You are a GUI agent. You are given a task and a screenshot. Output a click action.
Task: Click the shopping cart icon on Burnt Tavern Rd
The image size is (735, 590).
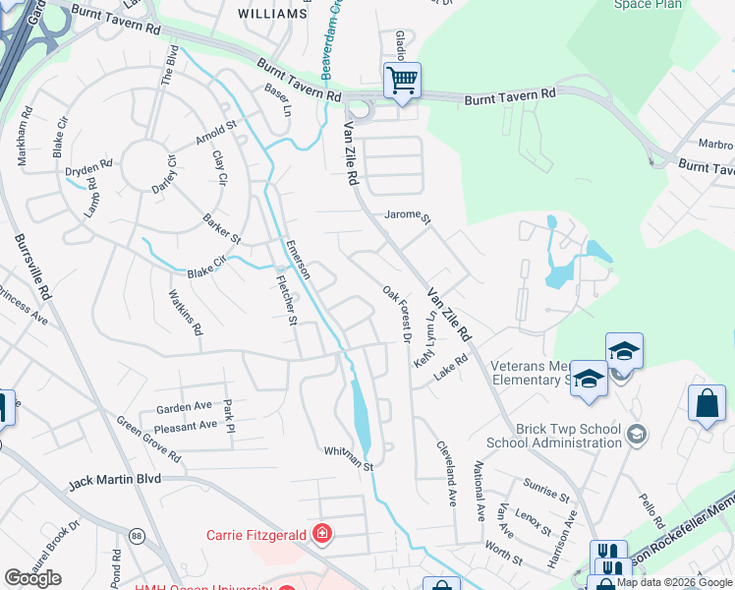click(401, 79)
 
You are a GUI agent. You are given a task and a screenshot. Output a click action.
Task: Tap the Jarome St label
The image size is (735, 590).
click(408, 214)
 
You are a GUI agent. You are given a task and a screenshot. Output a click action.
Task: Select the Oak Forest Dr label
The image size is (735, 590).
click(396, 315)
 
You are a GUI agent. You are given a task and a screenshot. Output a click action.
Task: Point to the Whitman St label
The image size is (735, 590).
click(350, 457)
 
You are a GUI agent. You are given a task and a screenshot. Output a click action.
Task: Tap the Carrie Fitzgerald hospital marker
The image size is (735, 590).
click(321, 535)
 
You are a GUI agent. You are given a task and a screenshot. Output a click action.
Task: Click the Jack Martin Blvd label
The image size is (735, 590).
click(114, 483)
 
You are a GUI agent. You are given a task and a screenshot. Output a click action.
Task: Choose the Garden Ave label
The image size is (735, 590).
click(184, 406)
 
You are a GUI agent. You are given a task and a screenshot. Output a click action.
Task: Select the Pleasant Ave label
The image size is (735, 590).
click(187, 427)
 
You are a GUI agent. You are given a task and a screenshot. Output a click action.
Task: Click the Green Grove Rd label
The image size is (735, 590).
click(148, 441)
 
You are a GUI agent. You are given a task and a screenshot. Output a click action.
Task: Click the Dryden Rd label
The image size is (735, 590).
click(88, 169)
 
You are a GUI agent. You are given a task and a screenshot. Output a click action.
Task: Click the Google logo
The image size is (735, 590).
click(32, 578)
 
